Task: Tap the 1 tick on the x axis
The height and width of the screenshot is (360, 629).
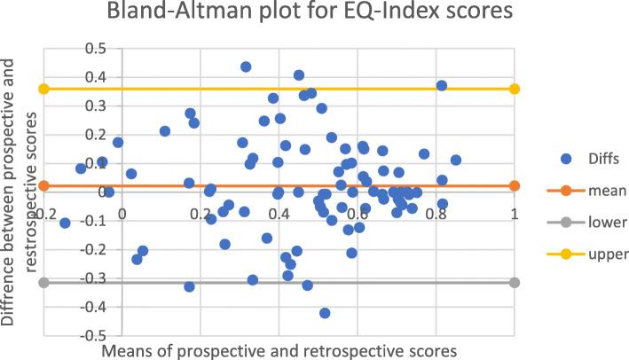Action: (514, 213)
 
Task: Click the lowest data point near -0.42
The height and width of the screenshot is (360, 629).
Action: (325, 313)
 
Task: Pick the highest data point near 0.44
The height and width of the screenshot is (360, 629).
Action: (246, 67)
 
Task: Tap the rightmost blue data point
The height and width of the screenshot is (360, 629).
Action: (456, 160)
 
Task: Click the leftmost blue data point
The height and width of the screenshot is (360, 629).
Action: (65, 223)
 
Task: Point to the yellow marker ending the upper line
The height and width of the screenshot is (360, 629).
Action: (515, 89)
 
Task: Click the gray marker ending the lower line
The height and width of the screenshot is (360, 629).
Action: (515, 282)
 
